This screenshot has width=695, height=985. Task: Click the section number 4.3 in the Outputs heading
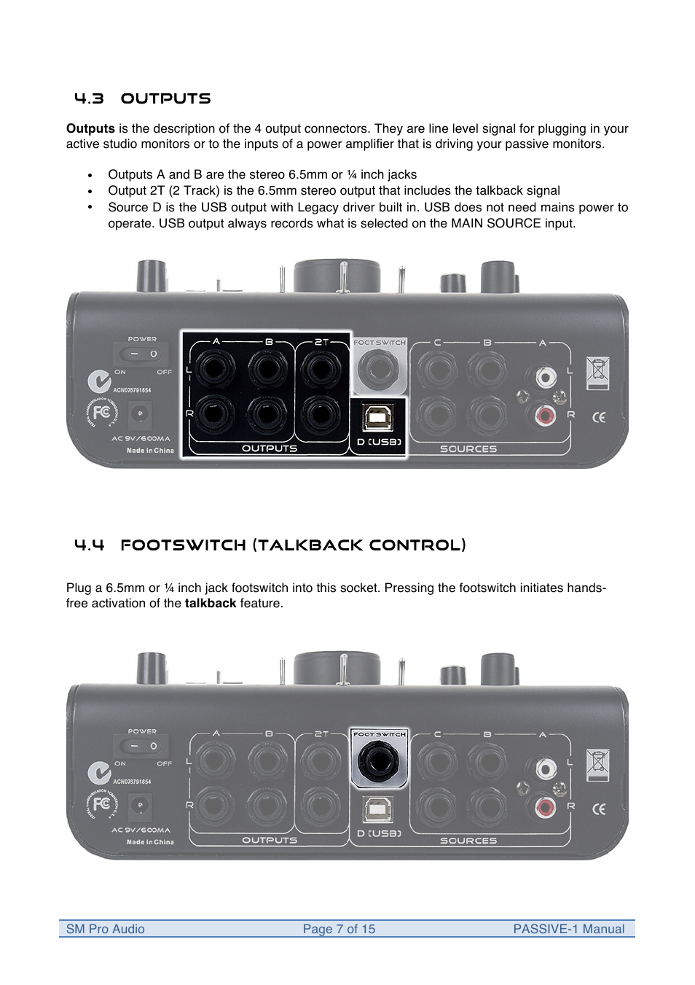click(x=89, y=98)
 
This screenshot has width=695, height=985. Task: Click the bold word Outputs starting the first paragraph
click(x=90, y=129)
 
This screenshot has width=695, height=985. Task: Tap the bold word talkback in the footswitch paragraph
click(x=211, y=604)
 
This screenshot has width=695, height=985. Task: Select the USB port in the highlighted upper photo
click(x=377, y=418)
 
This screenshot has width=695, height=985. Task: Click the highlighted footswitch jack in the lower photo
click(x=378, y=761)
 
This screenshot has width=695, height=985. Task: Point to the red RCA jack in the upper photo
click(x=545, y=416)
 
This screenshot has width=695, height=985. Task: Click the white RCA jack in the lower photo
click(x=545, y=768)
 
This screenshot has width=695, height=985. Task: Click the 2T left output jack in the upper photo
click(x=321, y=369)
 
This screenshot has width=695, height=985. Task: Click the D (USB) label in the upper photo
click(x=379, y=442)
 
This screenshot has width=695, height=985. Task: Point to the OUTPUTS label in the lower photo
click(x=270, y=841)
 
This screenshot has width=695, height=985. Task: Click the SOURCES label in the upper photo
click(x=468, y=449)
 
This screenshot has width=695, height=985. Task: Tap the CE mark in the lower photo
click(x=599, y=809)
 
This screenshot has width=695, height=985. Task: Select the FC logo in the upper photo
click(x=102, y=413)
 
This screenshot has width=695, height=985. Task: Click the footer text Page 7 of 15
click(x=339, y=929)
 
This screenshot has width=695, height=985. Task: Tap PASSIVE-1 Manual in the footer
click(x=568, y=929)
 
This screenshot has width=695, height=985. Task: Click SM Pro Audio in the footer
click(x=106, y=929)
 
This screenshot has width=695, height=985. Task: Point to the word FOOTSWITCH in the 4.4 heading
click(x=183, y=545)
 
